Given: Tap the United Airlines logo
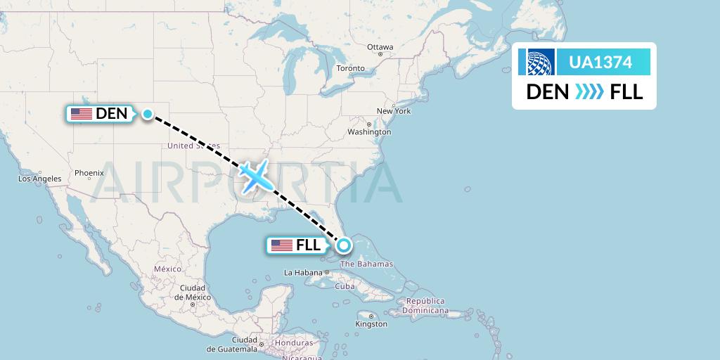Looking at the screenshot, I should click(x=536, y=62).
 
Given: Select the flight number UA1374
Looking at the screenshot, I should click(x=600, y=63).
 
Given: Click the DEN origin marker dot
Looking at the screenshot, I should click(x=148, y=114).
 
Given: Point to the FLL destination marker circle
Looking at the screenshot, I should click(x=344, y=245).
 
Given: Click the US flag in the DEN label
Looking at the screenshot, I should click(x=82, y=113).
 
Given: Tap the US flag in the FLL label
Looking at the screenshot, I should click(x=281, y=245).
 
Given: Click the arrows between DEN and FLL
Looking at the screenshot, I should click(x=589, y=92).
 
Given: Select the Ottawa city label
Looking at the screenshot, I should click(x=380, y=47).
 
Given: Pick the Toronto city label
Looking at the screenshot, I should click(x=350, y=68).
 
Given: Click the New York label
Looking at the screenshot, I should click(x=393, y=111).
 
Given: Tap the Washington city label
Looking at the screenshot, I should click(x=369, y=131).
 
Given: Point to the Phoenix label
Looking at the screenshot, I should click(x=89, y=172).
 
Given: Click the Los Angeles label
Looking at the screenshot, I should click(x=39, y=179).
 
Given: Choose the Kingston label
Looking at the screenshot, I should click(x=371, y=324).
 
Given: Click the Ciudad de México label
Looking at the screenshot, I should click(x=192, y=292).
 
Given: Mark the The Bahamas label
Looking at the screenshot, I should click(x=366, y=264).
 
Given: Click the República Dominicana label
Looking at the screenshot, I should click(x=425, y=306).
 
